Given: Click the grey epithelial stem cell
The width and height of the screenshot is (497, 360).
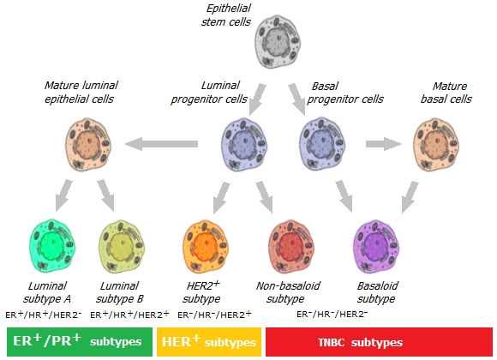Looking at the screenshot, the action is click(x=278, y=42).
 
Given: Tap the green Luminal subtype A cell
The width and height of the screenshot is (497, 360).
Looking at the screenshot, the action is click(x=52, y=246).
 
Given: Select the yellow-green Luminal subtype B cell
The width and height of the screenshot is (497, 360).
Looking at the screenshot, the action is click(x=122, y=247).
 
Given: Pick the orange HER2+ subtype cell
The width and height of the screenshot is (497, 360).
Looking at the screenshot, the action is click(x=206, y=247).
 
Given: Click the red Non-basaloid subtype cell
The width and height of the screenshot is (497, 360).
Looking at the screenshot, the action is click(x=291, y=247).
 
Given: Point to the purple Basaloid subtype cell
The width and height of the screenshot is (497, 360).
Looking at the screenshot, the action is click(x=376, y=247).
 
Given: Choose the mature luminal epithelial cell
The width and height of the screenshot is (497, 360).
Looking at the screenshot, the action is click(x=88, y=145).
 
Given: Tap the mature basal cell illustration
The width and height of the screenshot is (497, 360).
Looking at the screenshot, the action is click(x=436, y=145).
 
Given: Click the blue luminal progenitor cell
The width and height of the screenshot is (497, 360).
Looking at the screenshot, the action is click(x=243, y=145).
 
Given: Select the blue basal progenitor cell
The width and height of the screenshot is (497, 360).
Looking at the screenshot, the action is click(x=322, y=145).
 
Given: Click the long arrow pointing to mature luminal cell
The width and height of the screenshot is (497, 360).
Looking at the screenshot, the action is click(x=162, y=144).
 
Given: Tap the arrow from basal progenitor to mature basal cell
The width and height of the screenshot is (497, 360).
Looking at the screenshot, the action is click(x=383, y=144).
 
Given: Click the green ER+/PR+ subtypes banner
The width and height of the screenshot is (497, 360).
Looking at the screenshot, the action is click(x=80, y=342).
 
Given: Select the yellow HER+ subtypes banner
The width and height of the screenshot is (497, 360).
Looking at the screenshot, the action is click(x=209, y=342).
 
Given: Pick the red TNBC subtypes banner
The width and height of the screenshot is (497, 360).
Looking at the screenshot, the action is click(x=379, y=342).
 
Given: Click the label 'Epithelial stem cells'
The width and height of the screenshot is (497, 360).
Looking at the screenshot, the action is click(x=226, y=15).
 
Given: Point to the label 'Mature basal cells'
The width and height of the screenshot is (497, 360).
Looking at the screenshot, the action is click(x=446, y=93).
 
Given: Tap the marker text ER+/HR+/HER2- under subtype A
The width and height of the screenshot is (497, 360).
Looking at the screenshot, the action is click(x=44, y=315).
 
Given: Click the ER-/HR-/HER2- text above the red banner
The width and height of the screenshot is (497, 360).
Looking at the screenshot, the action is click(x=332, y=314).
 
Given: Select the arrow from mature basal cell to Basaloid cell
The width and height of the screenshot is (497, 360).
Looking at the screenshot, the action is click(x=410, y=197).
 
